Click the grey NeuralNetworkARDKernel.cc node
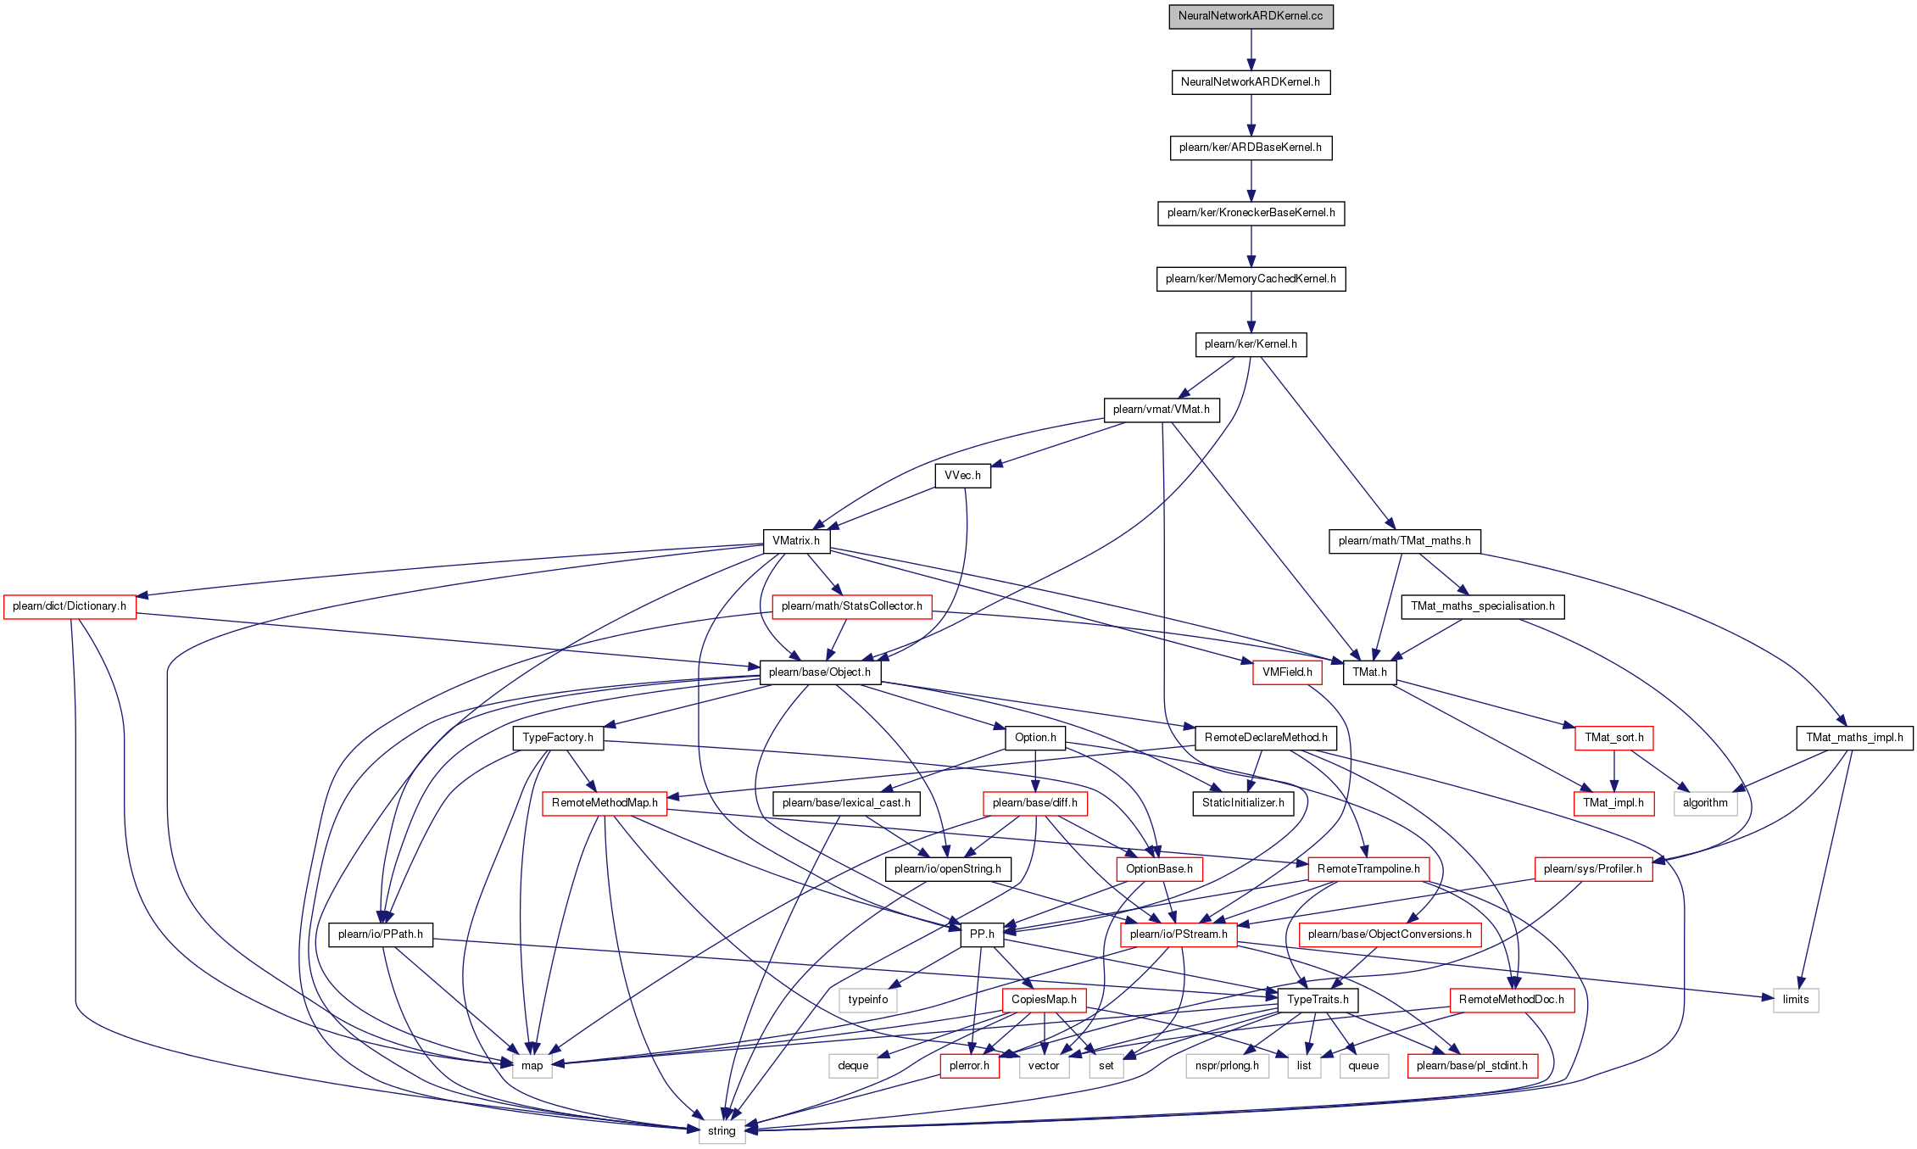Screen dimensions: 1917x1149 1251,16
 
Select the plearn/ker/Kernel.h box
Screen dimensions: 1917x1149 1251,344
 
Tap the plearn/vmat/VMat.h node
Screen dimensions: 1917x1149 1162,410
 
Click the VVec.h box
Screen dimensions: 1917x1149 962,476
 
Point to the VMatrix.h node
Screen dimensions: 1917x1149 795,541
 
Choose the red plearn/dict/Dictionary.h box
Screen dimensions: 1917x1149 70,606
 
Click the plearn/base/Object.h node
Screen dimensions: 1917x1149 820,672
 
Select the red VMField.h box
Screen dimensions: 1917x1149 1287,672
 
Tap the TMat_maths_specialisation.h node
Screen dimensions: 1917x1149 1483,606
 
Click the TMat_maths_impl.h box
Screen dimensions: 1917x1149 1854,738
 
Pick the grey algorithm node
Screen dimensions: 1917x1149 1705,803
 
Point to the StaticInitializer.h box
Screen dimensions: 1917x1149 1243,803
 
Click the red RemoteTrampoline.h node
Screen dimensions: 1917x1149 1368,869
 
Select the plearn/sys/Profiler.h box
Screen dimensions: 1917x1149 1593,869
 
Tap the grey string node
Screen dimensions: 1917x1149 722,1131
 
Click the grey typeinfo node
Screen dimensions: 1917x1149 868,1000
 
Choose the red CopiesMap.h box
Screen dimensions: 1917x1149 1044,1000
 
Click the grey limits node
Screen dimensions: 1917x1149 1796,1000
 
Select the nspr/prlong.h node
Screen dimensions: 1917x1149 1227,1066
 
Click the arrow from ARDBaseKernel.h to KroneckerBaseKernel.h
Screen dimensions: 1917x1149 1251,181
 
